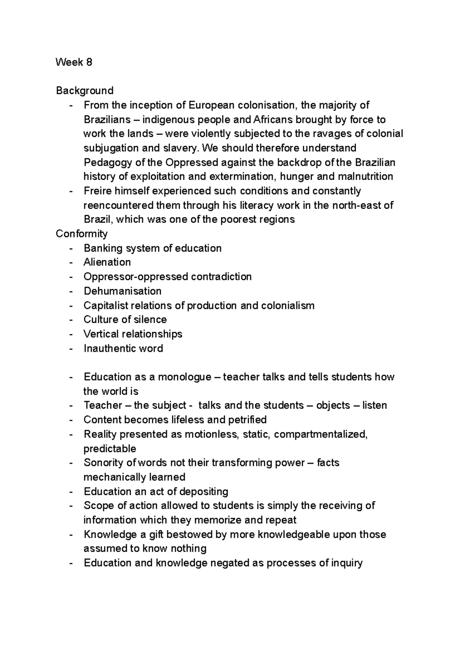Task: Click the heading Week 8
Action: (74, 62)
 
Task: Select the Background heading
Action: (85, 90)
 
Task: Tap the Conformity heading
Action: (82, 233)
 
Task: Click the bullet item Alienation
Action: (107, 262)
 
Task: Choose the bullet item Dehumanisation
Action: (123, 291)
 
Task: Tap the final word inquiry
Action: (345, 563)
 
